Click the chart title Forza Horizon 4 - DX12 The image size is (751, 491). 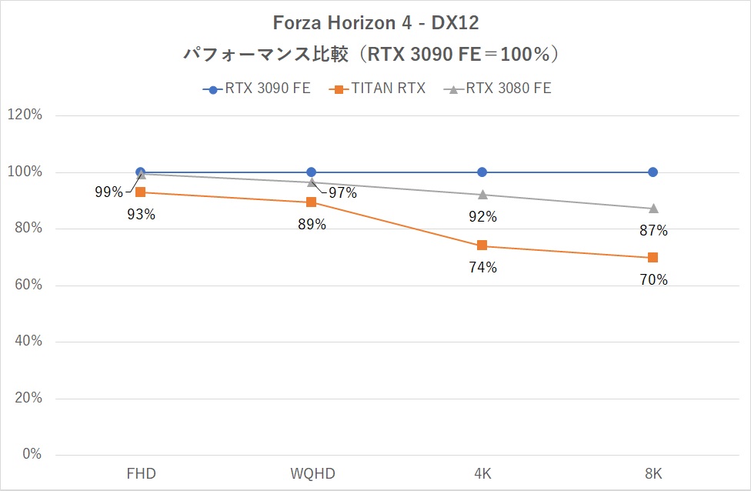[375, 23]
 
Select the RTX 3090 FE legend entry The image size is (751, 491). [257, 89]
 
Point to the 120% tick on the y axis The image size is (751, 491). [25, 115]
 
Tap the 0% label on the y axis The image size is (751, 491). [32, 455]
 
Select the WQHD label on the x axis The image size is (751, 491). [311, 473]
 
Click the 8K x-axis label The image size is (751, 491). [653, 473]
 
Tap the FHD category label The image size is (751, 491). [140, 473]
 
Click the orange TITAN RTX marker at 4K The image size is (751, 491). [482, 245]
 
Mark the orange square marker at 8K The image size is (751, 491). [653, 257]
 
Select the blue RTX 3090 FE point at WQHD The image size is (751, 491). [311, 172]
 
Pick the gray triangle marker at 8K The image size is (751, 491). [653, 209]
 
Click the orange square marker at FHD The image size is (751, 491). [140, 192]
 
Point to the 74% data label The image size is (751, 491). [483, 268]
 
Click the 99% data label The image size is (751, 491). [108, 192]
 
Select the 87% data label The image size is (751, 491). [653, 230]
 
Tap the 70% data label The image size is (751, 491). [653, 280]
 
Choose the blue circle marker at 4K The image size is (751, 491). [482, 172]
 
